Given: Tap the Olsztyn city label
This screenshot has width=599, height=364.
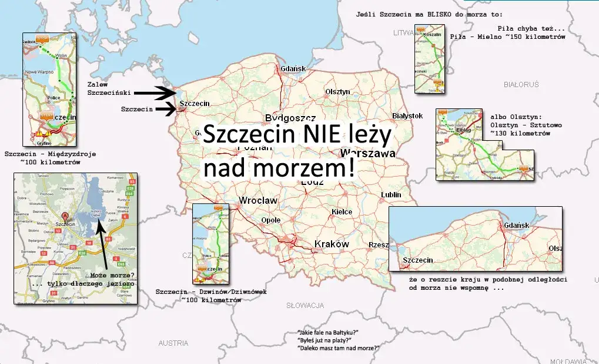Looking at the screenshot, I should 337,92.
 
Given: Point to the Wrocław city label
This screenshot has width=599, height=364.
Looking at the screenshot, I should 258,201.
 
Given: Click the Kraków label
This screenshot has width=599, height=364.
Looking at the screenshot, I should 332,244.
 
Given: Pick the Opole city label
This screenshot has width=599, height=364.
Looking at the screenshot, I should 271,220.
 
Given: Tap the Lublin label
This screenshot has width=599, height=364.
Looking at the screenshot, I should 391,194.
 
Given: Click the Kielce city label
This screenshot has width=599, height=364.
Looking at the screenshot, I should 342,212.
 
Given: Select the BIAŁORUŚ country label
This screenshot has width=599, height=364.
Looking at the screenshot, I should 521,85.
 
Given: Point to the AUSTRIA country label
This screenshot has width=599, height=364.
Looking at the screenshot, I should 173,343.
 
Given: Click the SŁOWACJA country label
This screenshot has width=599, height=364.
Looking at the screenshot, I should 305,306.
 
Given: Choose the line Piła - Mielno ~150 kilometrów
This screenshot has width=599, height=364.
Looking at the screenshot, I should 507,37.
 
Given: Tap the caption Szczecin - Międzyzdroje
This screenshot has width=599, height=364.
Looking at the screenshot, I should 50,154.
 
